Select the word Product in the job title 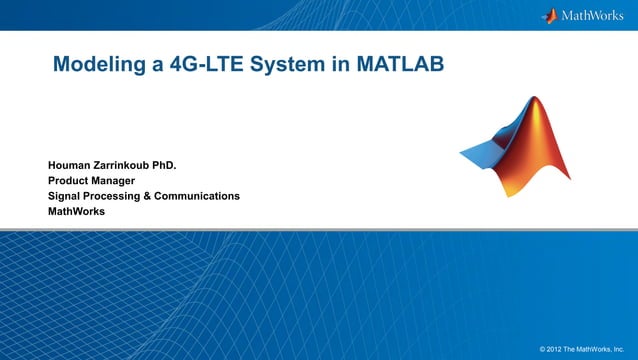pyautogui.click(x=70, y=181)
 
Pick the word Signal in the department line pyautogui.click(x=66, y=196)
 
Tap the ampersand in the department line pyautogui.click(x=158, y=196)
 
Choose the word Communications pyautogui.click(x=202, y=196)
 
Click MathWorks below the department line pyautogui.click(x=76, y=212)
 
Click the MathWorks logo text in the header pyautogui.click(x=596, y=15)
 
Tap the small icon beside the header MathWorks pyautogui.click(x=549, y=15)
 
